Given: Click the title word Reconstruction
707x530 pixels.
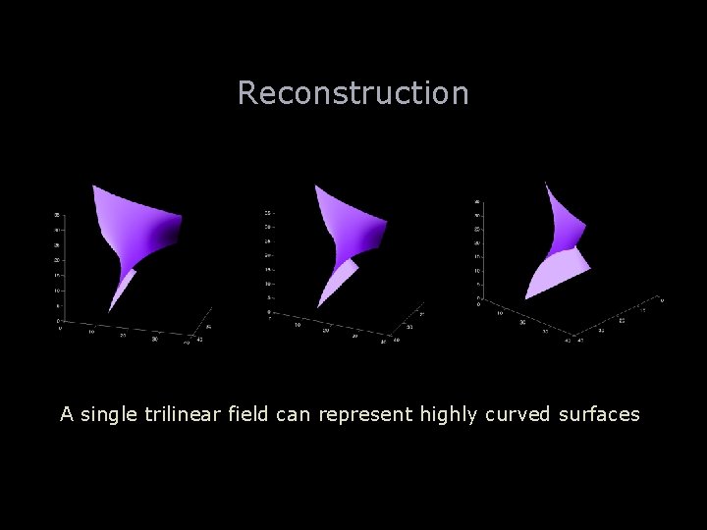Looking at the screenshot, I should click(x=353, y=93).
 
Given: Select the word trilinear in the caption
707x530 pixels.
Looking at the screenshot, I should click(x=182, y=414).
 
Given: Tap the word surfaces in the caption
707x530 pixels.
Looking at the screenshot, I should click(x=600, y=414).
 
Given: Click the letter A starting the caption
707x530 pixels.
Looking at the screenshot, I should click(x=67, y=414).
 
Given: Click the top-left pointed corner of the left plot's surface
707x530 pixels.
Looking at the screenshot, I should click(x=93, y=185).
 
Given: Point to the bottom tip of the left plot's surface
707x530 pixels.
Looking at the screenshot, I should click(x=110, y=311).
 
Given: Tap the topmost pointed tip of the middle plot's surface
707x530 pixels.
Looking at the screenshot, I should click(x=315, y=185).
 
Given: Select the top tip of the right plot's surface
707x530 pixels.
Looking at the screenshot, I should click(x=547, y=183).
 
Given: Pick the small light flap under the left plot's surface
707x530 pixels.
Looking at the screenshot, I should click(x=122, y=289).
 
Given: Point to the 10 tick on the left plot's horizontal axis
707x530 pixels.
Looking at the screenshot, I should click(x=91, y=331).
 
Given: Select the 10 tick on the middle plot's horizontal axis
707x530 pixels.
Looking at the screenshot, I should click(x=298, y=326).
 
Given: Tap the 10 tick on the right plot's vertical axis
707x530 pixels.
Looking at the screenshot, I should click(x=476, y=271).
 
